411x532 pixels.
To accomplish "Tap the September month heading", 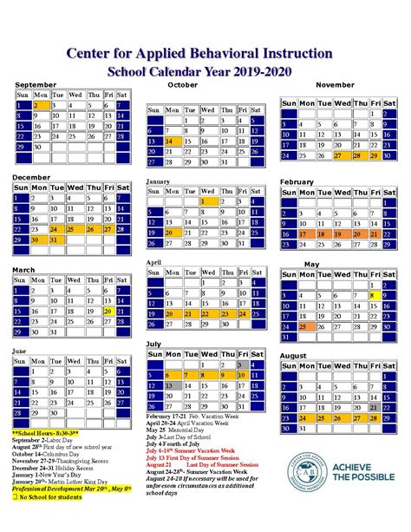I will pos(36,83).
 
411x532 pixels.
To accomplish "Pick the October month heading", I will pos(182,85).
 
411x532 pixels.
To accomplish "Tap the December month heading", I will pos(31,176).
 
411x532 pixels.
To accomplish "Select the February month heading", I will pos(297,181).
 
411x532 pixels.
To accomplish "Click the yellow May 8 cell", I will pos(374,296).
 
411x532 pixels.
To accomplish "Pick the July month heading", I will pos(153,344).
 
